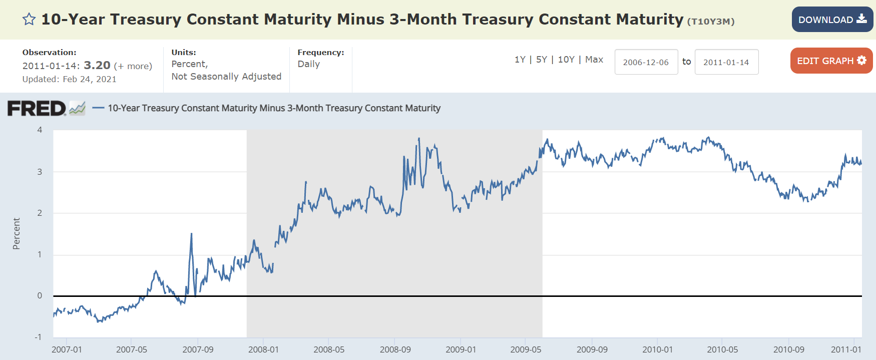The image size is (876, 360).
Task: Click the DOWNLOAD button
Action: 832,20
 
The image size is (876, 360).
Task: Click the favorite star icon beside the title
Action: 29,20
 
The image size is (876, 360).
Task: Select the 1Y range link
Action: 520,60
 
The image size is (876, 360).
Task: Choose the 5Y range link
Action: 541,60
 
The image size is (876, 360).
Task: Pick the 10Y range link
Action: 566,60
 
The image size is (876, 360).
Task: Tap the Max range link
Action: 594,60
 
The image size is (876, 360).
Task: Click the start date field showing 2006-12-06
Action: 646,62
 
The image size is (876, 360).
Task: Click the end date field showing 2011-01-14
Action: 726,62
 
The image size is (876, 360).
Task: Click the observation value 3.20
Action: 97,66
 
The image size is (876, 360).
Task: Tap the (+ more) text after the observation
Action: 133,66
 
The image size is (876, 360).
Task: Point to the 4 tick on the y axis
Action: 40,130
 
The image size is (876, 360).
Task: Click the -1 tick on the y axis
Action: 38,337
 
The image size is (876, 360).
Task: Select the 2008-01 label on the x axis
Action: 263,349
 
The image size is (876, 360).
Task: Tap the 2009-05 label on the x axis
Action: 526,349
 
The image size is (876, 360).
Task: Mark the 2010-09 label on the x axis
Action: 788,349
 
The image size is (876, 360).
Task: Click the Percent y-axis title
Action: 17,233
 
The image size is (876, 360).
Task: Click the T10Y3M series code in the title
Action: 711,22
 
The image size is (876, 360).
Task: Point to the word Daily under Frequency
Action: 308,64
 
